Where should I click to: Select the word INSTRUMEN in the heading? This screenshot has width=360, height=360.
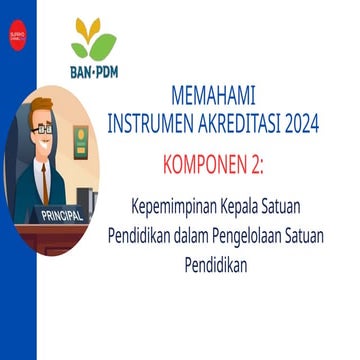pyautogui.click(x=158, y=124)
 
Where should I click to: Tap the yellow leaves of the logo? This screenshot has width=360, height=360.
pyautogui.click(x=87, y=30)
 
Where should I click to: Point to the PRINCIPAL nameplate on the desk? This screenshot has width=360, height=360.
pyautogui.click(x=64, y=215)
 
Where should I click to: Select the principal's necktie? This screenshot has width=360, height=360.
pyautogui.click(x=43, y=178)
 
